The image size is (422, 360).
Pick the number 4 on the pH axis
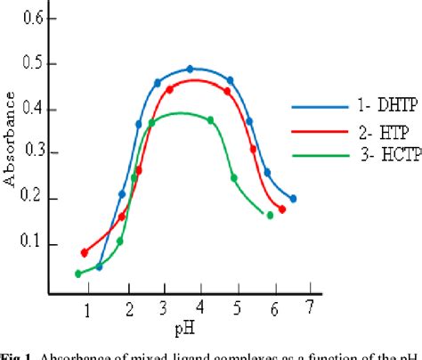(x=199, y=307)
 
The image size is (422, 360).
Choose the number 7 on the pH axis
(x=309, y=307)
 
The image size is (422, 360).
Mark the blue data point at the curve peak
(x=191, y=69)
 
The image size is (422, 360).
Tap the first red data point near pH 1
(x=85, y=253)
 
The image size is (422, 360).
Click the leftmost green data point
(x=78, y=274)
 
